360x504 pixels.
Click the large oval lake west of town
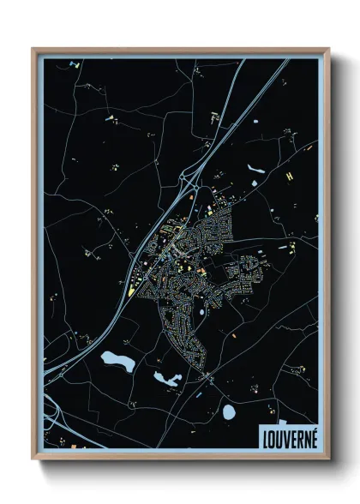116,362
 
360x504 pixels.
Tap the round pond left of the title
229,413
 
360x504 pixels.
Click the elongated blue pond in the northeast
257,169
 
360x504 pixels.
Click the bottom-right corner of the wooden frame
328,460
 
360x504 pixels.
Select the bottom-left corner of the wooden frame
33,460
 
